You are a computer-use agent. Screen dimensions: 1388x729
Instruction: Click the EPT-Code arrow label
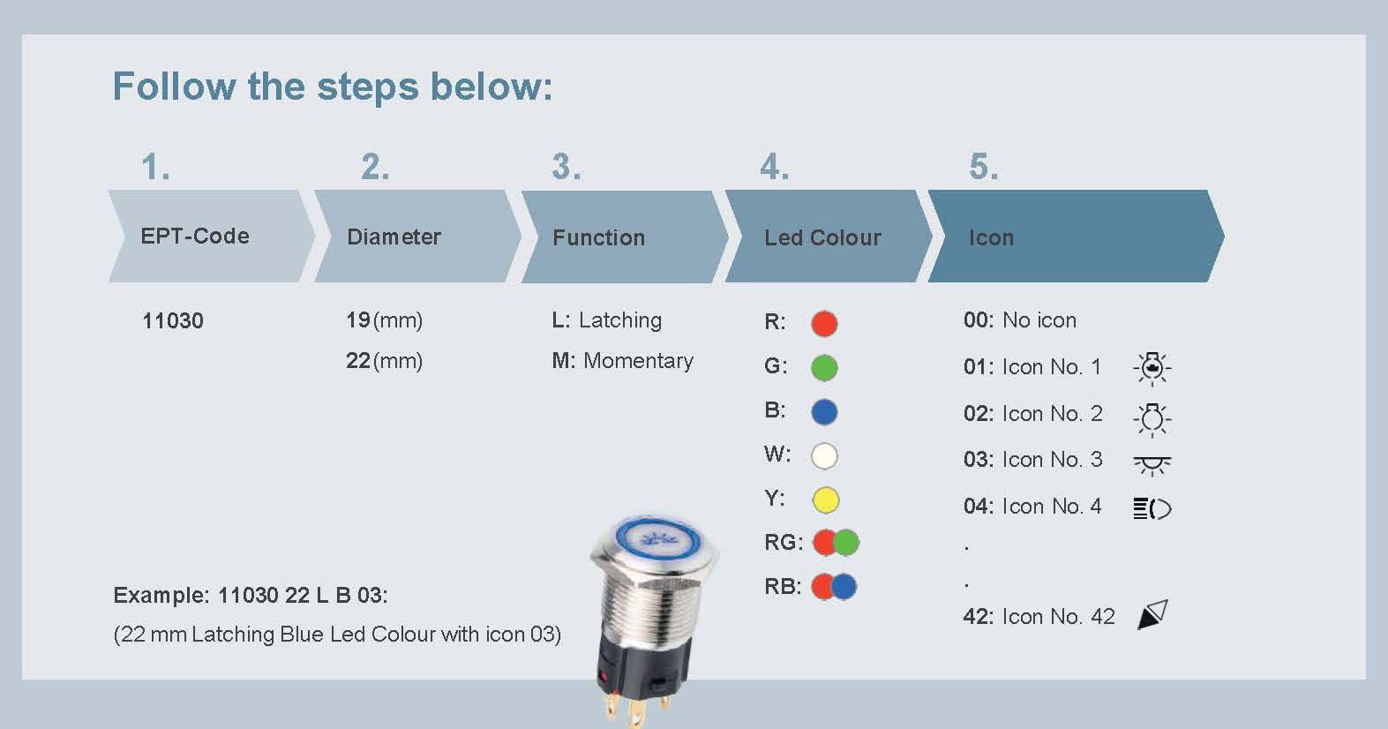[195, 237]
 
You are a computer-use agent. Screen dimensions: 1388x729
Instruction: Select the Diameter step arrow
[417, 237]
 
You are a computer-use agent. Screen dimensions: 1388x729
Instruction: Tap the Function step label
[598, 237]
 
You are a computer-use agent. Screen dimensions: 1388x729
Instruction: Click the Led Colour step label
[822, 237]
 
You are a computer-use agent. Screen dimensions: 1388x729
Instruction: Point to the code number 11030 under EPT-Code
[173, 321]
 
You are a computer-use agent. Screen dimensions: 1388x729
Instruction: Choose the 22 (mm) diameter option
[384, 361]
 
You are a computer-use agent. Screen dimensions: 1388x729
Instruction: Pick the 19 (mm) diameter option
[384, 320]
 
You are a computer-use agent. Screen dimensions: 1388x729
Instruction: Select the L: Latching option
[606, 320]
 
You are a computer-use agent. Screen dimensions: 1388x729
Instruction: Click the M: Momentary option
[622, 361]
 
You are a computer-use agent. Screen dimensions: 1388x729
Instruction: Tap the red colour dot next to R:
[824, 324]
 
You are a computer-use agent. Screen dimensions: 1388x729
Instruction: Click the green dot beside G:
[824, 368]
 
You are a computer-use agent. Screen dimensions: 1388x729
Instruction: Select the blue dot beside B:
[824, 412]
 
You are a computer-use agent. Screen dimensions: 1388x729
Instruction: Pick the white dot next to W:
[824, 456]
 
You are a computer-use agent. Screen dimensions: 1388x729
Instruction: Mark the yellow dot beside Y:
[825, 500]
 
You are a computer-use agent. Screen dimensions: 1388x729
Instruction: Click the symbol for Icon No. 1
[1152, 369]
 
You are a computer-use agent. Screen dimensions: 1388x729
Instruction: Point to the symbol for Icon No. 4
[1152, 508]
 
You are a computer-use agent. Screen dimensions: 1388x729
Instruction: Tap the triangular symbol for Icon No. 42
[1153, 614]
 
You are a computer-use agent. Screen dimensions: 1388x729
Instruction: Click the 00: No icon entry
[1019, 320]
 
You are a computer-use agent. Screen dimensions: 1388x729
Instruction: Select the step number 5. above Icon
[983, 167]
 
